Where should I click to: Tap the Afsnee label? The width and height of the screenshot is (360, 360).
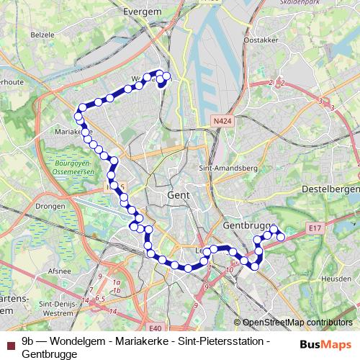coord(39,271)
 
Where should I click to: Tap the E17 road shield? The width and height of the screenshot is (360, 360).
coord(314,228)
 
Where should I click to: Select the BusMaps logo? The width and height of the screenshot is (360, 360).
coord(325,344)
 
